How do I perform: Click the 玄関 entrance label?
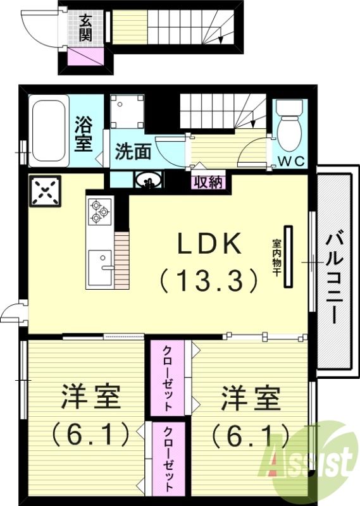(85, 27)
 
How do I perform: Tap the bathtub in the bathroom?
(48, 130)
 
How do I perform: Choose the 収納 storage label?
(208, 182)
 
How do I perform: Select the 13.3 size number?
(209, 279)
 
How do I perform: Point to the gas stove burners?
(99, 211)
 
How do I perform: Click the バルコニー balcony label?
(335, 277)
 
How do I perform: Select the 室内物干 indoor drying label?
(277, 257)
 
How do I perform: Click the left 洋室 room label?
(91, 399)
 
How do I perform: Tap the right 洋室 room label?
(251, 399)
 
